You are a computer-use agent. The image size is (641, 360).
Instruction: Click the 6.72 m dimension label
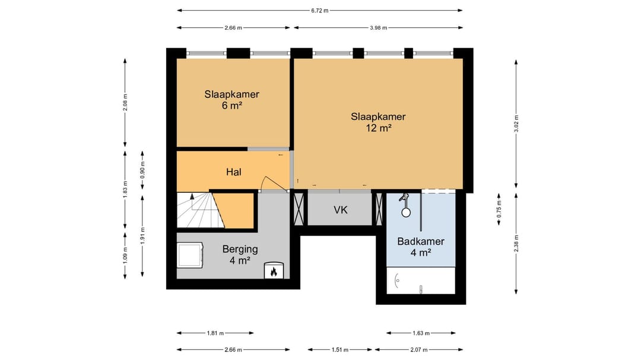tap(320, 11)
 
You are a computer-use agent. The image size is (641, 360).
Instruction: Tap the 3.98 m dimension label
tap(379, 28)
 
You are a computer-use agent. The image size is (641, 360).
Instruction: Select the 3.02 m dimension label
tap(516, 124)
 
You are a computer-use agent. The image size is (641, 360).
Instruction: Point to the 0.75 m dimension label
tap(499, 209)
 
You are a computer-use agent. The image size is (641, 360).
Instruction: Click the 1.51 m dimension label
tap(340, 350)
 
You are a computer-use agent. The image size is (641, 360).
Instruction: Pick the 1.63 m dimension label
tap(421, 333)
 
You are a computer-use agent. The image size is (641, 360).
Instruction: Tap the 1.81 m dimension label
tap(215, 333)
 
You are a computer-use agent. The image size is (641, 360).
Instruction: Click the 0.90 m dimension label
tap(142, 170)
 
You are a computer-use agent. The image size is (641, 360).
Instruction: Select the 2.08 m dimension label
tap(125, 103)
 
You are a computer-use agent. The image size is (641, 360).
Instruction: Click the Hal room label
tap(234, 172)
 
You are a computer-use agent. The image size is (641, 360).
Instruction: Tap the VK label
tap(341, 210)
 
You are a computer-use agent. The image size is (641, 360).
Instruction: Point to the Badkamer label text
tap(421, 241)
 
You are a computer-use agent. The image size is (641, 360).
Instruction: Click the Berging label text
tap(240, 249)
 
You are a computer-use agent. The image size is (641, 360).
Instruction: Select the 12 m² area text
tap(379, 128)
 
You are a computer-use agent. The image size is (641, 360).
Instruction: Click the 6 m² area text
tap(232, 106)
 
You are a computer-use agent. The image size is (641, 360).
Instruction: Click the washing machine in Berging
tap(190, 254)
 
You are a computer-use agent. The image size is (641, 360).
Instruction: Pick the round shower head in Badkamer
tap(406, 212)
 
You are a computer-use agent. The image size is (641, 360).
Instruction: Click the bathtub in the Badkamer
tap(421, 281)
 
